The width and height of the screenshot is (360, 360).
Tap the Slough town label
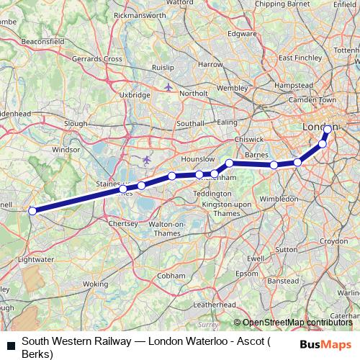coord(76,124)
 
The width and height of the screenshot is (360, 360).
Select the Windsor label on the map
coord(64,150)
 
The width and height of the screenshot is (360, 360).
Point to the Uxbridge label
coord(135,94)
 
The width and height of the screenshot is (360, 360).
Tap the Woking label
coord(95,284)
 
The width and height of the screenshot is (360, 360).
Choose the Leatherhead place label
coord(215,305)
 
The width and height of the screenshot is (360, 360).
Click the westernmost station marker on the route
coord(32,211)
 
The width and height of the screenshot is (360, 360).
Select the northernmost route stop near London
coord(328,130)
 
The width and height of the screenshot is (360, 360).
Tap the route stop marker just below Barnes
coord(274,166)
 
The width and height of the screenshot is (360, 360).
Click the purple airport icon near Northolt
coord(168,88)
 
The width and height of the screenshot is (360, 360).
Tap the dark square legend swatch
coord(11,346)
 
